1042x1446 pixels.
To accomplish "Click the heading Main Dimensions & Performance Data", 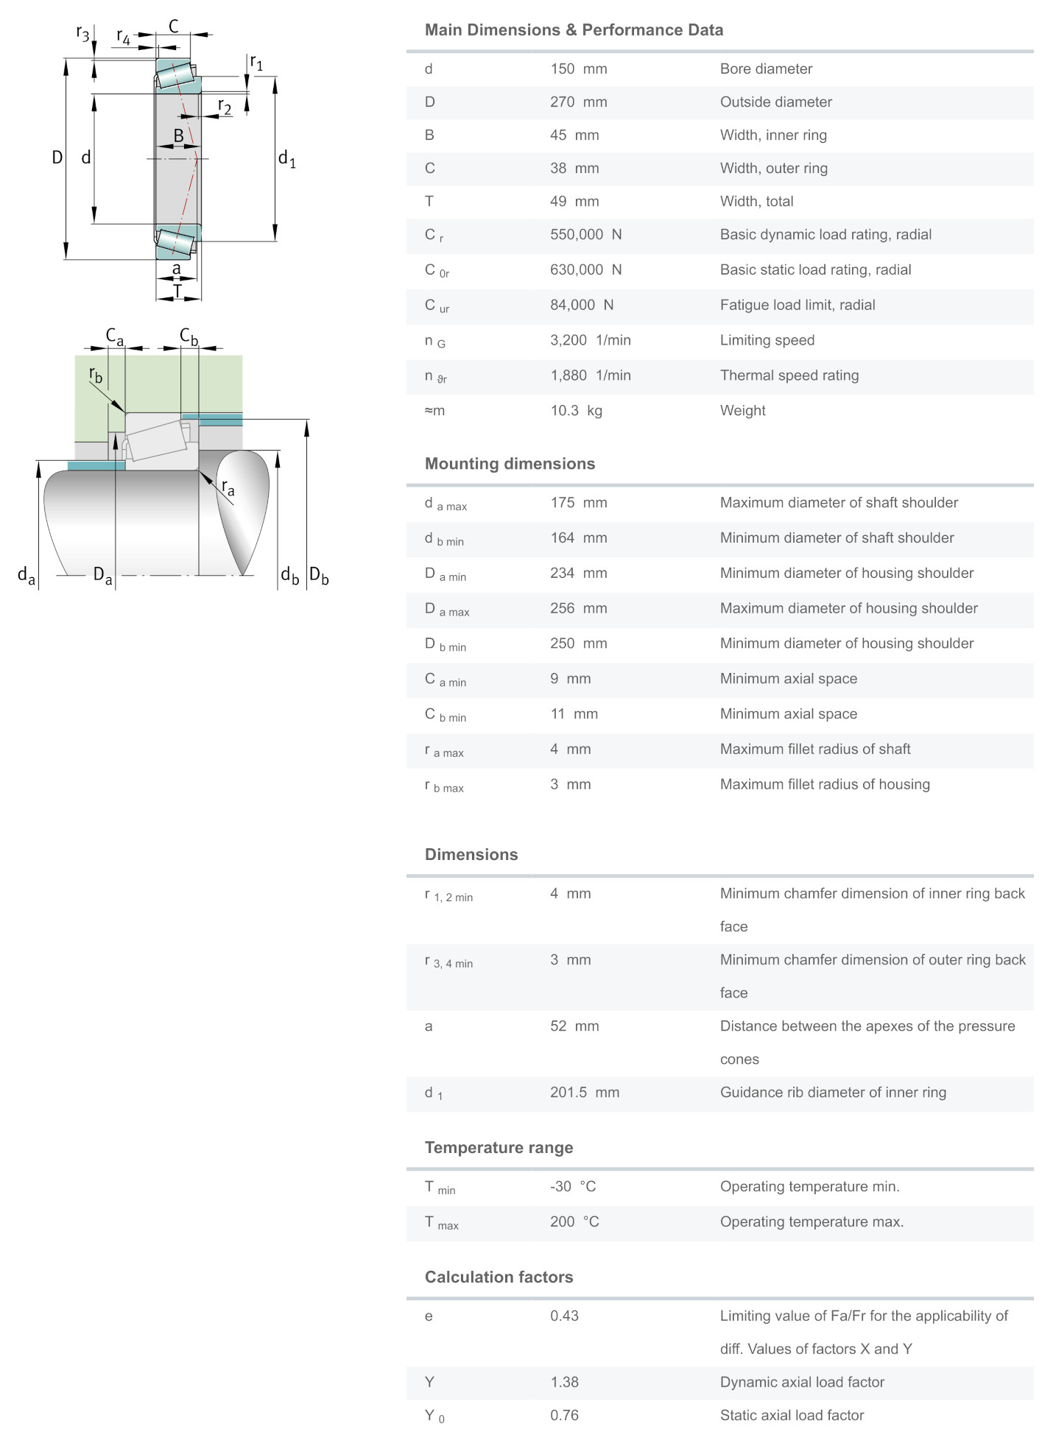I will tap(574, 30).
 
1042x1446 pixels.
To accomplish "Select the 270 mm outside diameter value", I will tap(578, 102).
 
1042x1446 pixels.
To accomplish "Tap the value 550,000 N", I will tap(585, 235).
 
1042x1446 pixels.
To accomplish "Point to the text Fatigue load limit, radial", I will tap(797, 305).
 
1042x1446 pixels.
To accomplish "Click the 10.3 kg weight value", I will tap(576, 411).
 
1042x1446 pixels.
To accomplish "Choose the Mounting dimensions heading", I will tap(510, 464).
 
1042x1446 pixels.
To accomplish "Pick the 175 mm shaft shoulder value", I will tap(578, 503).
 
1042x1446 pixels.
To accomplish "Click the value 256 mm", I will tap(578, 608).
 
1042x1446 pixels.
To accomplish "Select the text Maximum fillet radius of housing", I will tap(824, 784).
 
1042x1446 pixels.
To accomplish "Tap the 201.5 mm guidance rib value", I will tap(584, 1093).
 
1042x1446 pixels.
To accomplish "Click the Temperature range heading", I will tap(499, 1148).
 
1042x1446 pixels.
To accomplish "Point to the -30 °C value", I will tap(572, 1187).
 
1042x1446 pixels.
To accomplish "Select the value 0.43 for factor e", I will tap(564, 1316).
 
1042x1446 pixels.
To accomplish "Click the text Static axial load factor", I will tap(792, 1415).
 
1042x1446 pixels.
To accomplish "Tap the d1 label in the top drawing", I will tap(286, 158).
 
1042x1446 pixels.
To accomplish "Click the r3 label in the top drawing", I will tap(82, 33).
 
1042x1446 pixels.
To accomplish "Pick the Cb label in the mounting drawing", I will tap(189, 336).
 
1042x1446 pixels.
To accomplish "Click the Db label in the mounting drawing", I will tap(319, 576).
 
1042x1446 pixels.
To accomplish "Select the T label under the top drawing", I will tap(177, 292).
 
